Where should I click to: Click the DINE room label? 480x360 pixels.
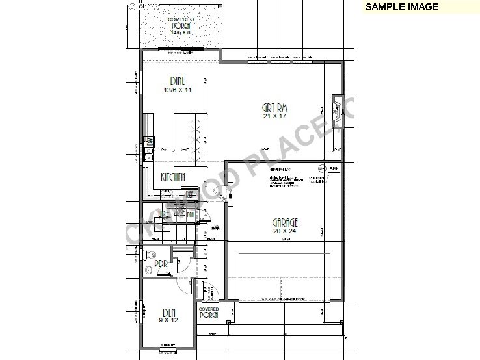pyautogui.click(x=178, y=81)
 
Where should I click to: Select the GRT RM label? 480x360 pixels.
pyautogui.click(x=275, y=107)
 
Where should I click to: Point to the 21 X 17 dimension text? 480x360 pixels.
pyautogui.click(x=275, y=116)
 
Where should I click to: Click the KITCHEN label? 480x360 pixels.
pyautogui.click(x=174, y=177)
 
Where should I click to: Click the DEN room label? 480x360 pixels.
pyautogui.click(x=168, y=311)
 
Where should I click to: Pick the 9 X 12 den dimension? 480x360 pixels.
pyautogui.click(x=168, y=320)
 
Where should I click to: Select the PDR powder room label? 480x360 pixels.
pyautogui.click(x=161, y=264)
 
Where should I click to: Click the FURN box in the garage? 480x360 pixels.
pyautogui.click(x=334, y=168)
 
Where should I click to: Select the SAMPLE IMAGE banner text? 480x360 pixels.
pyautogui.click(x=401, y=7)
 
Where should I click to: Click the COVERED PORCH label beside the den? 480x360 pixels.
pyautogui.click(x=209, y=313)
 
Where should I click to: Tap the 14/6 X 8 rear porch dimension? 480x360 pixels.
pyautogui.click(x=181, y=32)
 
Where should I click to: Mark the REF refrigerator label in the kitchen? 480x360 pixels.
pyautogui.click(x=190, y=193)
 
